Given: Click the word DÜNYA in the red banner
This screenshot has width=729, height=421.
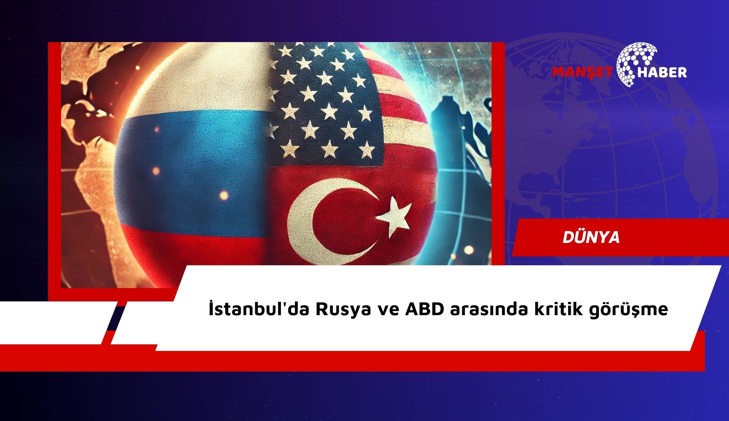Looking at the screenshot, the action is (x=591, y=237).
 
